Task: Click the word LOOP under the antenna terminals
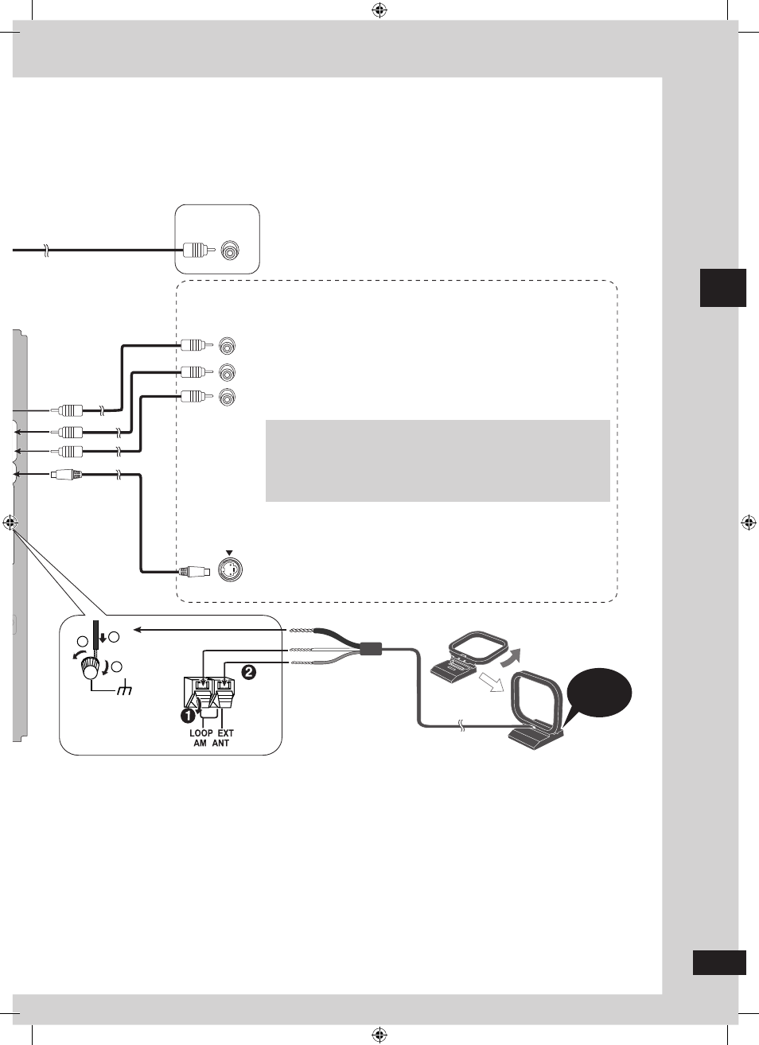(200, 733)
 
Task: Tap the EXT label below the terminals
(225, 733)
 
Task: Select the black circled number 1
(188, 715)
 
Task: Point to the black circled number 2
(248, 672)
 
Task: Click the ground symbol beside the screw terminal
(125, 690)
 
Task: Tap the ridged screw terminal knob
(89, 668)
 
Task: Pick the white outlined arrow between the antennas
(491, 682)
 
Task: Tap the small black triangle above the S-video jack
(229, 553)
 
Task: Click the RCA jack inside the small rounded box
(230, 250)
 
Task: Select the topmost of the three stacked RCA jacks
(228, 346)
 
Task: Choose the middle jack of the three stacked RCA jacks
(228, 372)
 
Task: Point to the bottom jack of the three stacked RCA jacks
(228, 397)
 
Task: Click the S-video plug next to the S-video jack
(194, 571)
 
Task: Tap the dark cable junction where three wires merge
(371, 648)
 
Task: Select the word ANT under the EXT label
(221, 743)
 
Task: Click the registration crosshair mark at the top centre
(380, 10)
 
